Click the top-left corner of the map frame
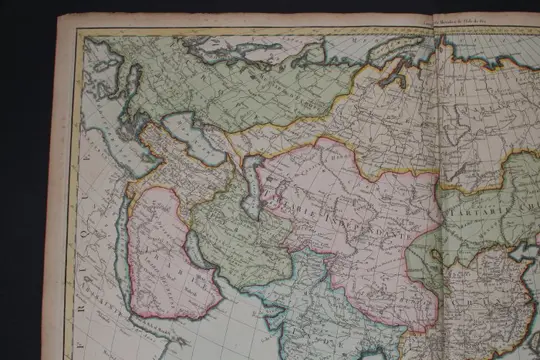(84, 36)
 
